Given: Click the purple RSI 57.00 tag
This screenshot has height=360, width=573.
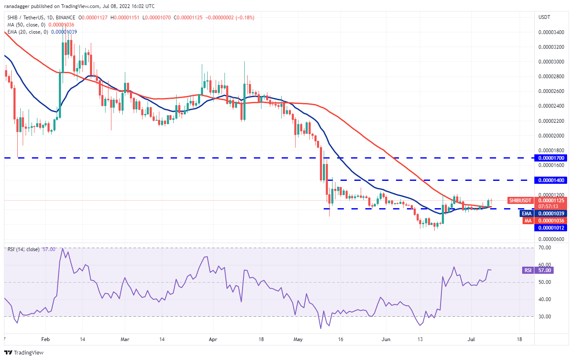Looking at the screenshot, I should (528, 270).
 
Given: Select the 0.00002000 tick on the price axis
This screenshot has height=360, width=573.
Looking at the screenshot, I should (551, 136).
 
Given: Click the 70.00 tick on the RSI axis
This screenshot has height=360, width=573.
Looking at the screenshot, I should (544, 248).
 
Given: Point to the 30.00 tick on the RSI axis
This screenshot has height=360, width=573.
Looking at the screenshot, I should (544, 317).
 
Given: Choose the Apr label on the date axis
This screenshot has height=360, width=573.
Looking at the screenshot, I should (213, 339).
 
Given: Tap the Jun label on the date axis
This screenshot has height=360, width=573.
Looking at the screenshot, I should (386, 339).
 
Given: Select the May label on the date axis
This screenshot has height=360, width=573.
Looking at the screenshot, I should (298, 339).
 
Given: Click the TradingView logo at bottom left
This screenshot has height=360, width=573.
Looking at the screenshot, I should (24, 352).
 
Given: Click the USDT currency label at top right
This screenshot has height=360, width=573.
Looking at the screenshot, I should (544, 17).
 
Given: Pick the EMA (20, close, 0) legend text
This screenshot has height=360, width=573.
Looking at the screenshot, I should (28, 32).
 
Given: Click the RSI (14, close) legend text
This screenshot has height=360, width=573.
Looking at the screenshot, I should (24, 249).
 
